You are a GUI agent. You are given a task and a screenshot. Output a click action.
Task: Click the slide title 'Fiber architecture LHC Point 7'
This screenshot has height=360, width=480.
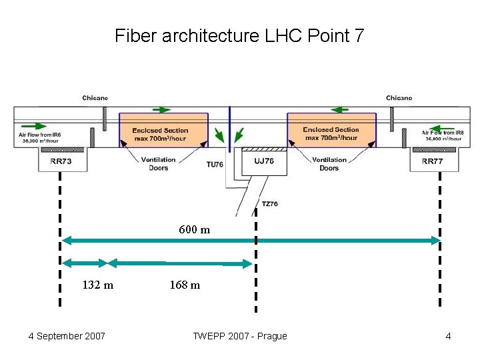point(239,35)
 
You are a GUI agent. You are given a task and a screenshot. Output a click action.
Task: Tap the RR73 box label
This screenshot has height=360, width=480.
point(61,161)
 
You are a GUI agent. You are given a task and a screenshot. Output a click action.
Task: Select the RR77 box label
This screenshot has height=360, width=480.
point(432,161)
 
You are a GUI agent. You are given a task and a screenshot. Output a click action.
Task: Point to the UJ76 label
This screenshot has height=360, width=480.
point(264,161)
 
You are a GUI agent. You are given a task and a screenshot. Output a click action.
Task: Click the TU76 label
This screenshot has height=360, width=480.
point(215,164)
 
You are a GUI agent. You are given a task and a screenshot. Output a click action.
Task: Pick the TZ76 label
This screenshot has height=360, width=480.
point(270,203)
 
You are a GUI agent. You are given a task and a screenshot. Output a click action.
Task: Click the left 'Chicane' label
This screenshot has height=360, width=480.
point(95,98)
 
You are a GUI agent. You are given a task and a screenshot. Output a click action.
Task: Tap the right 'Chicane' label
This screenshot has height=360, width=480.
point(399,98)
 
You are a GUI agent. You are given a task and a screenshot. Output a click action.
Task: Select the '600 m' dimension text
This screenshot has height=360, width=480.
point(194,230)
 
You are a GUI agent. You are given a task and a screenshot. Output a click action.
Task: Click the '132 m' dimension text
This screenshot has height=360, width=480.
point(97,285)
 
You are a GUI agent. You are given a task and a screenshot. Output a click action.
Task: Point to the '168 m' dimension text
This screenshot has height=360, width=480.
point(185,285)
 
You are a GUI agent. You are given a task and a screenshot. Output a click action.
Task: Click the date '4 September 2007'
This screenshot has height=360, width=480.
point(67,336)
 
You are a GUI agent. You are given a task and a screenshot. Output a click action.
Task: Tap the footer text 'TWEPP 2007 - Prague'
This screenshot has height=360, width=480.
point(239,336)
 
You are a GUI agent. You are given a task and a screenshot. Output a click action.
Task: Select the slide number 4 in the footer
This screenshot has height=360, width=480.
point(448,336)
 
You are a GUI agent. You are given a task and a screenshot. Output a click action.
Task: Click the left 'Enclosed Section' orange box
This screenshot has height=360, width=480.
point(163,131)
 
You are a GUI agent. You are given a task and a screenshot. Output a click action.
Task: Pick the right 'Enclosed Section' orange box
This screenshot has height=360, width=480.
point(331,131)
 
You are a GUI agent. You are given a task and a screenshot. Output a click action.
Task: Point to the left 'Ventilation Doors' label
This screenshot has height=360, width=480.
point(159,164)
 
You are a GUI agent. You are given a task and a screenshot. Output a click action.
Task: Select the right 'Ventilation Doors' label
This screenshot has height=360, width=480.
point(329,164)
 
